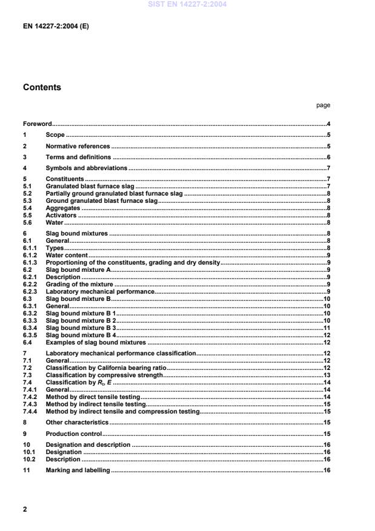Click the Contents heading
tap(42, 87)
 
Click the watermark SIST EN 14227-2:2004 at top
tap(187, 5)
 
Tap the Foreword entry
tap(37, 124)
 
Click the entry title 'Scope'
tap(55, 135)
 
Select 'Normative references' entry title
tap(78, 146)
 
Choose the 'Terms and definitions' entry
tap(79, 157)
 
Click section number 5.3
tap(28, 200)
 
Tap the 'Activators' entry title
tap(61, 215)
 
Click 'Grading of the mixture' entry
tap(80, 284)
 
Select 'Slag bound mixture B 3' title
tap(81, 328)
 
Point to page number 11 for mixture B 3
tap(326, 328)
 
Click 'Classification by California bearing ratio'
tap(105, 368)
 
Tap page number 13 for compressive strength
tap(326, 375)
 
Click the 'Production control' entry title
tap(74, 434)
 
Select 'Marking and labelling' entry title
tap(78, 470)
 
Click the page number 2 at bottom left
tap(25, 509)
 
